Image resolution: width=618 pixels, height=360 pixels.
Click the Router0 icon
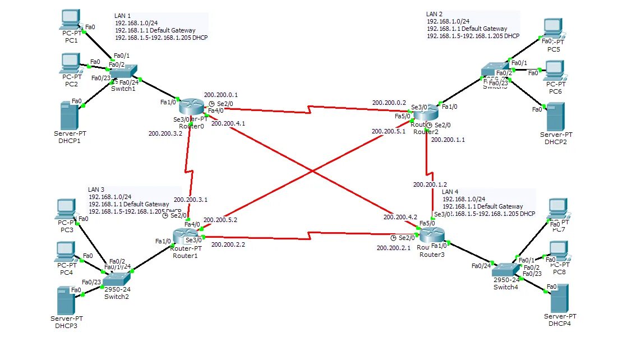tap(192, 105)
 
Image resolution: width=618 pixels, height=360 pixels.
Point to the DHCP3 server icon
tap(66, 301)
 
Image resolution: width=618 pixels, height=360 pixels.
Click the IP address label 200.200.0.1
tap(221, 95)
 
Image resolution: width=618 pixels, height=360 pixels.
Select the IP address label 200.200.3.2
tap(165, 134)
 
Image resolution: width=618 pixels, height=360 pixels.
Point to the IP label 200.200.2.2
tap(228, 244)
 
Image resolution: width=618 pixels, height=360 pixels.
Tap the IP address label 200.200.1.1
tap(448, 140)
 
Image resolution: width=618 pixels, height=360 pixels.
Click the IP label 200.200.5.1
tap(388, 131)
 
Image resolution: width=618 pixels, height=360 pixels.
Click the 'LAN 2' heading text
tap(434, 14)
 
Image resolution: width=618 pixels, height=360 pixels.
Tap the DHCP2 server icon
tap(555, 116)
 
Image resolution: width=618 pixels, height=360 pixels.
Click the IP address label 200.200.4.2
tap(400, 216)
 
